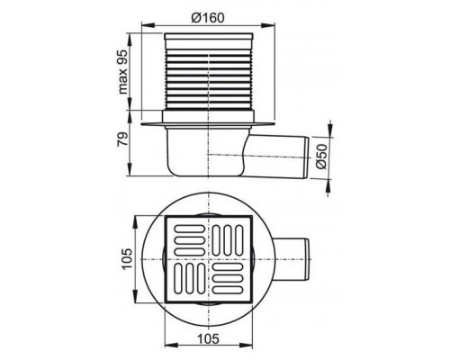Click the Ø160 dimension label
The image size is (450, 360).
tap(208, 18)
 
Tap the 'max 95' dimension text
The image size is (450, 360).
tap(123, 71)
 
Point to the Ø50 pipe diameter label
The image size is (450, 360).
tap(321, 157)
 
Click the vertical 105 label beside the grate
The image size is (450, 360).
tap(127, 259)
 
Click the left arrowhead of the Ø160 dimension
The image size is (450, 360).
tap(148, 25)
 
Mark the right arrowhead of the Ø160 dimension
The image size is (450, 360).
tap(268, 25)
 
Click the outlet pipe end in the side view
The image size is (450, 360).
tap(307, 157)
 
